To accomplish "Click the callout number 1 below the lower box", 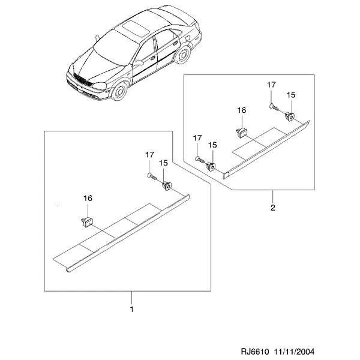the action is (131, 309).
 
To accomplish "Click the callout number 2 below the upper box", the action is (273, 208).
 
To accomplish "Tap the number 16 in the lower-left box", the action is (88, 198).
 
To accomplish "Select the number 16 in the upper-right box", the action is (242, 110).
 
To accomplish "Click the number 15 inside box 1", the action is (163, 163).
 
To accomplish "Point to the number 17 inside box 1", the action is (149, 155).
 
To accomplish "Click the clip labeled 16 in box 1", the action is (87, 222).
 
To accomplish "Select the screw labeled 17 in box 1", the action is (152, 177).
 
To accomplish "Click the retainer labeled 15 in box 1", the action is (167, 186).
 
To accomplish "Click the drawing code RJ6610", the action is (254, 352).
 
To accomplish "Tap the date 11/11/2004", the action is (294, 352).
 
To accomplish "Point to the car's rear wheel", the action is (183, 55).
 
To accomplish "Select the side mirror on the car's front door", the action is (139, 62).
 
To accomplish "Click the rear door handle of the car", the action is (175, 44).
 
